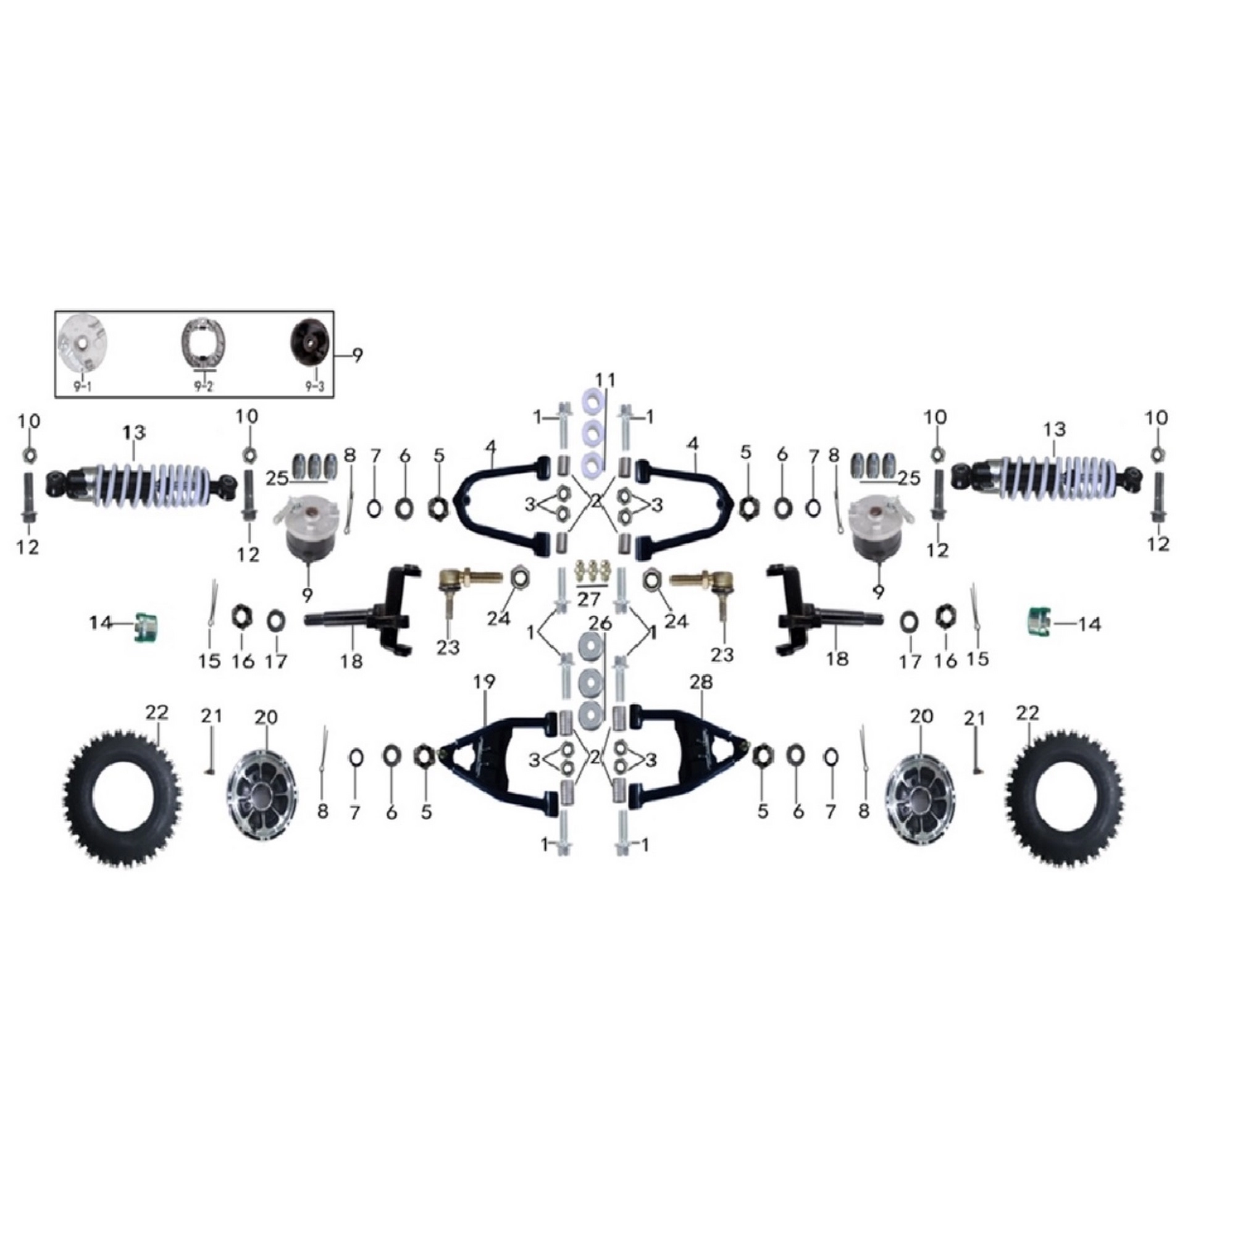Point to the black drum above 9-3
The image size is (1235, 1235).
coord(311,345)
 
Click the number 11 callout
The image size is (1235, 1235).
coord(605,380)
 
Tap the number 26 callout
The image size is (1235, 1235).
coord(600,622)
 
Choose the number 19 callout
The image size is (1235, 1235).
coord(485,682)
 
